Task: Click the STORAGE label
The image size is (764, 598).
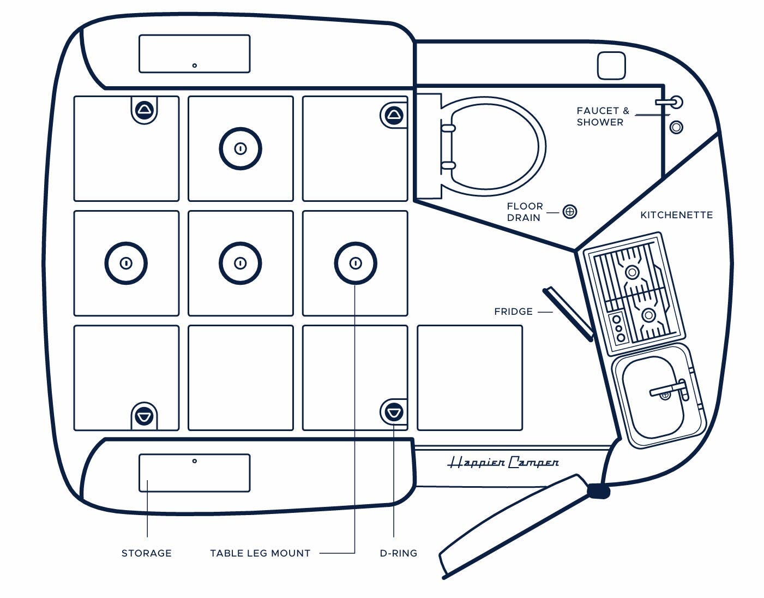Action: [x=146, y=553]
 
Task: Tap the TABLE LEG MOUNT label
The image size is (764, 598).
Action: [x=260, y=553]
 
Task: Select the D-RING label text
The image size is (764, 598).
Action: [x=398, y=553]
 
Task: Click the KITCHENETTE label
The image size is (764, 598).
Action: [x=676, y=215]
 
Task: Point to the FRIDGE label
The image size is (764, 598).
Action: [x=513, y=312]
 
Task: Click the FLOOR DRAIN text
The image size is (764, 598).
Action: [x=525, y=212]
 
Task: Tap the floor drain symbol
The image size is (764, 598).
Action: [x=569, y=212]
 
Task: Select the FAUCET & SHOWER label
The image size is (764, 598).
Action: [x=602, y=116]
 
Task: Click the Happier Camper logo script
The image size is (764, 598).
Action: [x=503, y=463]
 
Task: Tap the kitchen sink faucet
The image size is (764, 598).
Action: [x=669, y=390]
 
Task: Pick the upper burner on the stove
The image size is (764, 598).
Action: [x=632, y=272]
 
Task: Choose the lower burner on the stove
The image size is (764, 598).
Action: [x=648, y=315]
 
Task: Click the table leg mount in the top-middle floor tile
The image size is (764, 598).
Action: [x=240, y=148]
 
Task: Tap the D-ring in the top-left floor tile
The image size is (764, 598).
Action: [x=144, y=110]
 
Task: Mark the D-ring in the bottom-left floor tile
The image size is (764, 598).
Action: [x=144, y=416]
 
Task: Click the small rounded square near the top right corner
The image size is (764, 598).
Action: [x=611, y=65]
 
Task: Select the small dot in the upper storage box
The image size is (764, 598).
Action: [x=195, y=65]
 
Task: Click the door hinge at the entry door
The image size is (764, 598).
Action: [x=598, y=491]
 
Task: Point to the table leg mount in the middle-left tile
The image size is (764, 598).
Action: [x=126, y=263]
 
